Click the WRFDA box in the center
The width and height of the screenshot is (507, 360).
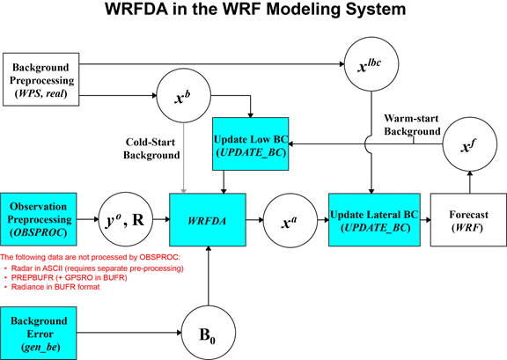208,220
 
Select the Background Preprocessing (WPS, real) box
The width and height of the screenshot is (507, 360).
41,79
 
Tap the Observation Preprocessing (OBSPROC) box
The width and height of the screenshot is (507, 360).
39,219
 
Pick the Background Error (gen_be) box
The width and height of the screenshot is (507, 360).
39,333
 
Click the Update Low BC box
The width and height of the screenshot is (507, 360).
250,144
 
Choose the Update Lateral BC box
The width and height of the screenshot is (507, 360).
374,220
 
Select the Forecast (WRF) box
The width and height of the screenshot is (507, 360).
468,220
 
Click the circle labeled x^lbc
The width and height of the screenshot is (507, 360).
371,64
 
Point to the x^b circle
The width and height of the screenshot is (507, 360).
184,96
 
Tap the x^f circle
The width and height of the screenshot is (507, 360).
469,144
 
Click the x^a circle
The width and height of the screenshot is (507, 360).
290,221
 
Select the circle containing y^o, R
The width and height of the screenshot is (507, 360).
126,221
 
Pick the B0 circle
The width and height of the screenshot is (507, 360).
209,333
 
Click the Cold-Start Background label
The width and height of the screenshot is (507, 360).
151,149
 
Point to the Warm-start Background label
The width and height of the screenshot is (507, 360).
412,125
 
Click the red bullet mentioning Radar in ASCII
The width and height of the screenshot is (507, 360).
94,268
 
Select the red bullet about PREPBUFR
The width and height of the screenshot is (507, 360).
66,277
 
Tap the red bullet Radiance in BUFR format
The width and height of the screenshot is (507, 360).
53,287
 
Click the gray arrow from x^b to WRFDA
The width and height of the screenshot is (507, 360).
184,158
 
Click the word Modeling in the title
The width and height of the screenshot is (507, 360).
303,9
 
